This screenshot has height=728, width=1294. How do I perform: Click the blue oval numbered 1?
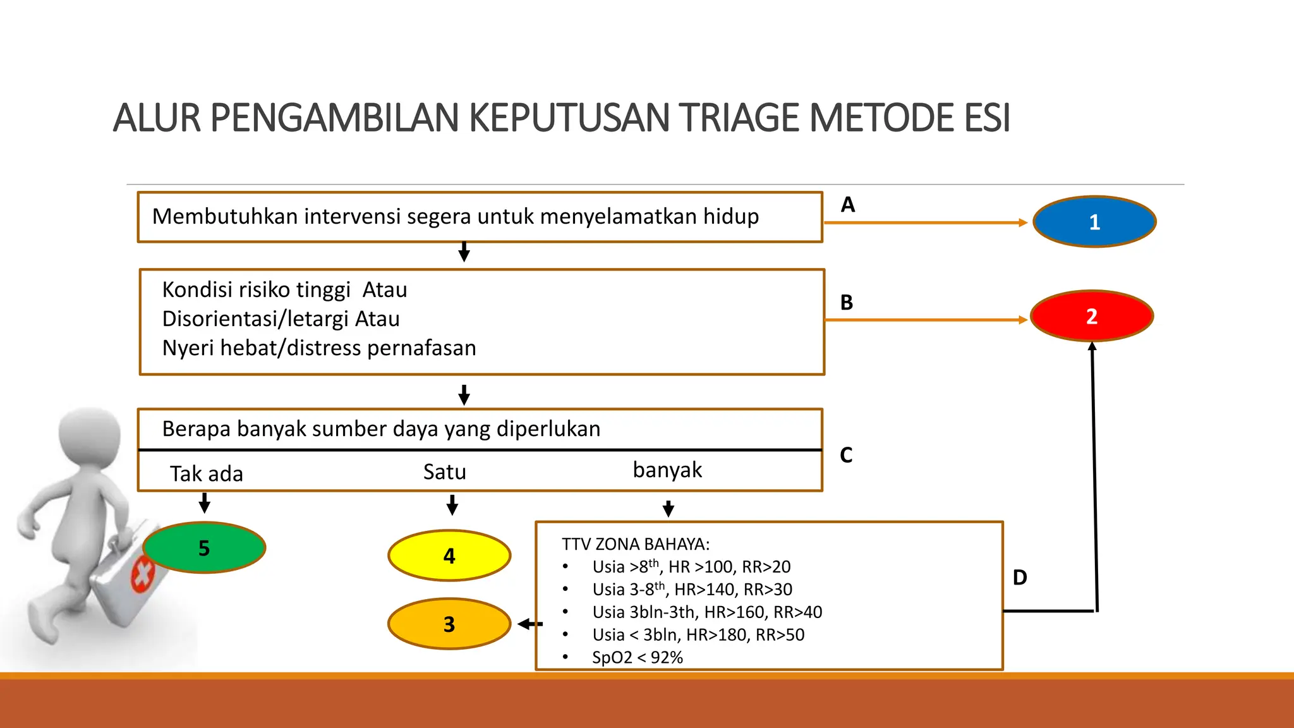point(1094,222)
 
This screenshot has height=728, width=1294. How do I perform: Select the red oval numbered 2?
point(1092,316)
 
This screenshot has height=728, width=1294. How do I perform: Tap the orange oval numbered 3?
point(449,624)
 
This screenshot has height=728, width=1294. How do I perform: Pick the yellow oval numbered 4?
point(449,556)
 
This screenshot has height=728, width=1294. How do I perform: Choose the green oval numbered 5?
point(204,548)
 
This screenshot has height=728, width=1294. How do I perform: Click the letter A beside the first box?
point(848,205)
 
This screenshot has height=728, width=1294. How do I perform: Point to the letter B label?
point(847,303)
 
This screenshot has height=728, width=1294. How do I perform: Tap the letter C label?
point(846,455)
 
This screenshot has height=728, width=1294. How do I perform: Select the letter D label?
point(1020,577)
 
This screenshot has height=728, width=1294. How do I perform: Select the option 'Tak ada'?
point(207,474)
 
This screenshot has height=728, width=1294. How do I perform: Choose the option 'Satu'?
point(445,472)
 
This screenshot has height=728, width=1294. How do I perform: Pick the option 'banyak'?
point(667,470)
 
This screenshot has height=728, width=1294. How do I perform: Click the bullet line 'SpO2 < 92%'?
point(638,657)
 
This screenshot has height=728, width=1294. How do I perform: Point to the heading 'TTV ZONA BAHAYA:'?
point(636,544)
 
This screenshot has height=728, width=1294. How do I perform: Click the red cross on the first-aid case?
point(143,574)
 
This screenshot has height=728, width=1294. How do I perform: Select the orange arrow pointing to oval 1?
point(926,222)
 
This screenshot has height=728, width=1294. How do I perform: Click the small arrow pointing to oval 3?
point(529,624)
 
